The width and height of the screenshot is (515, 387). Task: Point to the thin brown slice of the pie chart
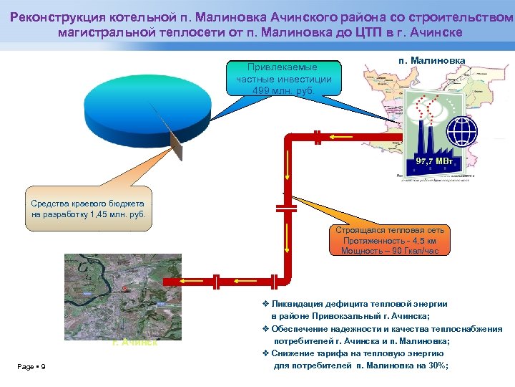click(x=175, y=144)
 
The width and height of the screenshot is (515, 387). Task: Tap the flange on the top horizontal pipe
click(x=316, y=135)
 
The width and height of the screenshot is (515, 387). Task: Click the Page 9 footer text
click(x=31, y=367)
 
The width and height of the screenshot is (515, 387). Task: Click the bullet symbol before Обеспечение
click(x=265, y=329)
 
